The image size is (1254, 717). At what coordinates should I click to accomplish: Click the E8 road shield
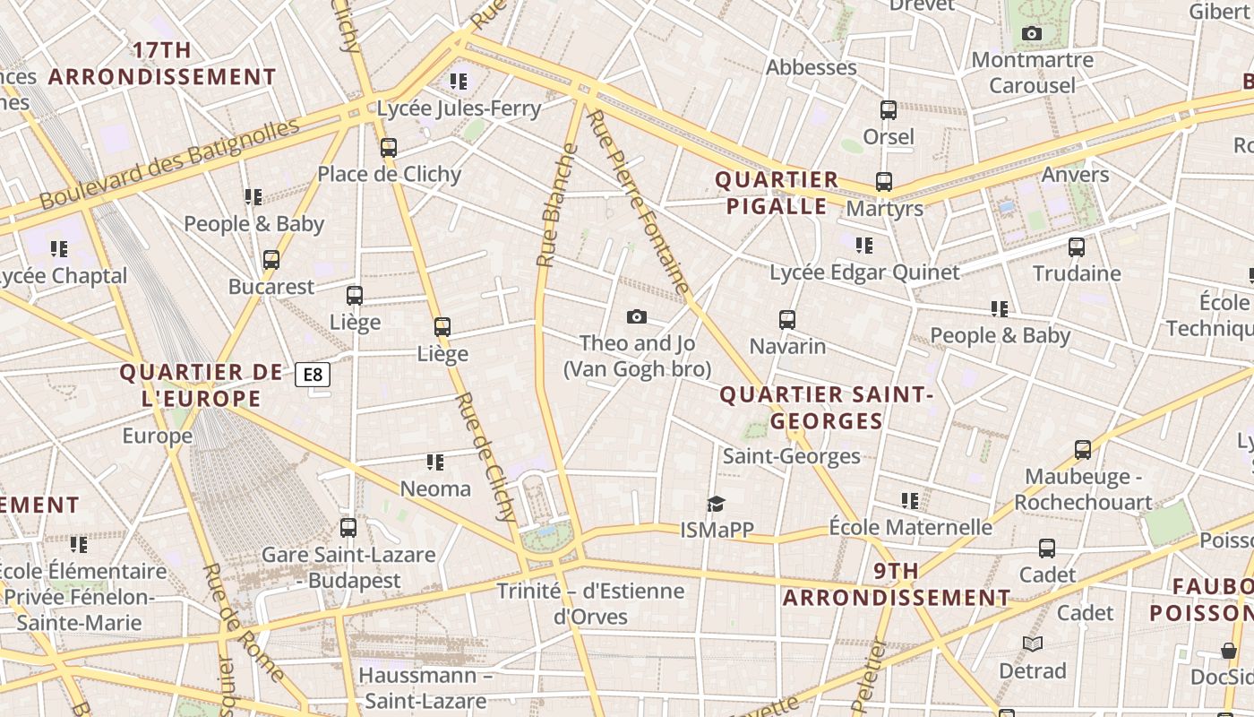(313, 374)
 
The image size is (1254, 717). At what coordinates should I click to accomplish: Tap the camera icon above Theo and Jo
(637, 316)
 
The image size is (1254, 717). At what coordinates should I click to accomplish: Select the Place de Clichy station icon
(389, 148)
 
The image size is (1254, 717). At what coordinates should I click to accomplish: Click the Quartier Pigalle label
(777, 193)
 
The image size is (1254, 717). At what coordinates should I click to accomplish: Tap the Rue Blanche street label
(557, 205)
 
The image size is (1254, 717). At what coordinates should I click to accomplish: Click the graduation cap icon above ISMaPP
(715, 504)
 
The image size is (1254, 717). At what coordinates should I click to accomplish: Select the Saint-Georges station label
(791, 456)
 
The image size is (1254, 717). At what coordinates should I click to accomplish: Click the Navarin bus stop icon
(787, 320)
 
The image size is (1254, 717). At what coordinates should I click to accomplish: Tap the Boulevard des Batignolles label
(170, 164)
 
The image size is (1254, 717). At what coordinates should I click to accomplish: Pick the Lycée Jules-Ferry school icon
(459, 82)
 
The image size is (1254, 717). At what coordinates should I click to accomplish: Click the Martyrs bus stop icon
(884, 182)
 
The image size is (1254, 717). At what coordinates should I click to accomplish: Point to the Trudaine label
(1077, 273)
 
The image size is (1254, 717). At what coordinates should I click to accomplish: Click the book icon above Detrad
(1033, 644)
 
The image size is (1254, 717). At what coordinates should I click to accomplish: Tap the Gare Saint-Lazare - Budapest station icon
(348, 528)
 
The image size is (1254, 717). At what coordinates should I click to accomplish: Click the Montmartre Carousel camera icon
(1032, 34)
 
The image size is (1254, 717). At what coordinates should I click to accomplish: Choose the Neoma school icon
(435, 462)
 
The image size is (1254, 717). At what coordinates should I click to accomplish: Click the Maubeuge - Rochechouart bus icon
(1083, 450)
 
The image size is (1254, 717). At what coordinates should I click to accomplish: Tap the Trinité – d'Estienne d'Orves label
(590, 603)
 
